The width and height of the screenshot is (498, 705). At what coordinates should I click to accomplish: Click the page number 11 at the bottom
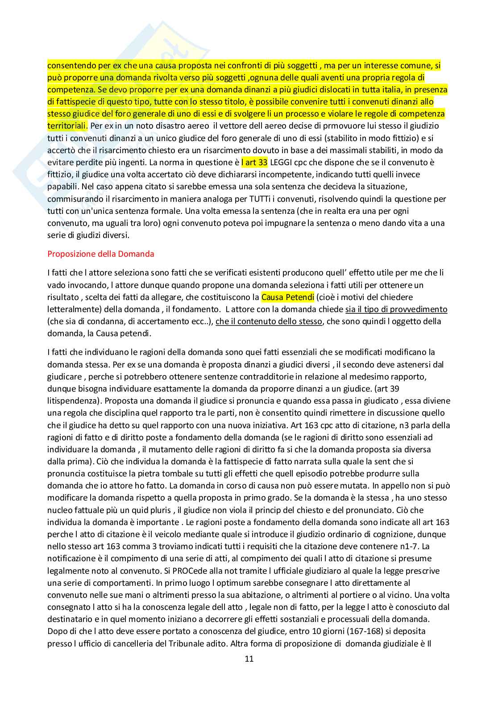(x=249, y=659)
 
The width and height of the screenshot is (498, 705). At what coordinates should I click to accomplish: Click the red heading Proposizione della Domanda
(x=101, y=254)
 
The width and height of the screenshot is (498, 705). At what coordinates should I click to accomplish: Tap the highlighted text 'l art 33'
(x=254, y=163)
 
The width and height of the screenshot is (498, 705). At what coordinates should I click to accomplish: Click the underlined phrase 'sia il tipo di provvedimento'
(x=396, y=309)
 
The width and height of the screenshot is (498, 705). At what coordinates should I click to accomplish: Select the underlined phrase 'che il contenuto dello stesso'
(x=269, y=321)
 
